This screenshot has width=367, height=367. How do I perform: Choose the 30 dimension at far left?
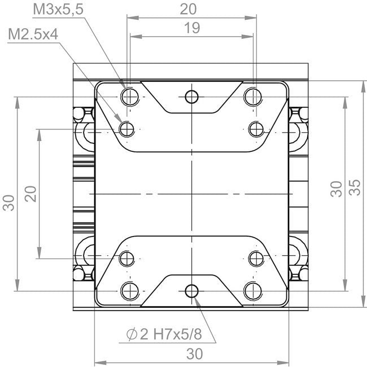[9, 202]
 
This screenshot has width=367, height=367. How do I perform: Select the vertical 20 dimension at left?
[31, 194]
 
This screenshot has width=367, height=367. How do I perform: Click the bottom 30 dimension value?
[194, 354]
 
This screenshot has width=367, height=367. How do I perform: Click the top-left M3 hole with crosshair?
[130, 97]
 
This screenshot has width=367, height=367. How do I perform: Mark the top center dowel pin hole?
[192, 97]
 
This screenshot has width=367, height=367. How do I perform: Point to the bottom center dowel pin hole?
[192, 291]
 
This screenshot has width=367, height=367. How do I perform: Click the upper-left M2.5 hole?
[128, 130]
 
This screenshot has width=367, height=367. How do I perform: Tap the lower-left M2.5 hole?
[128, 259]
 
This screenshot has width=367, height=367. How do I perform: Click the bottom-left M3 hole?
[130, 291]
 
